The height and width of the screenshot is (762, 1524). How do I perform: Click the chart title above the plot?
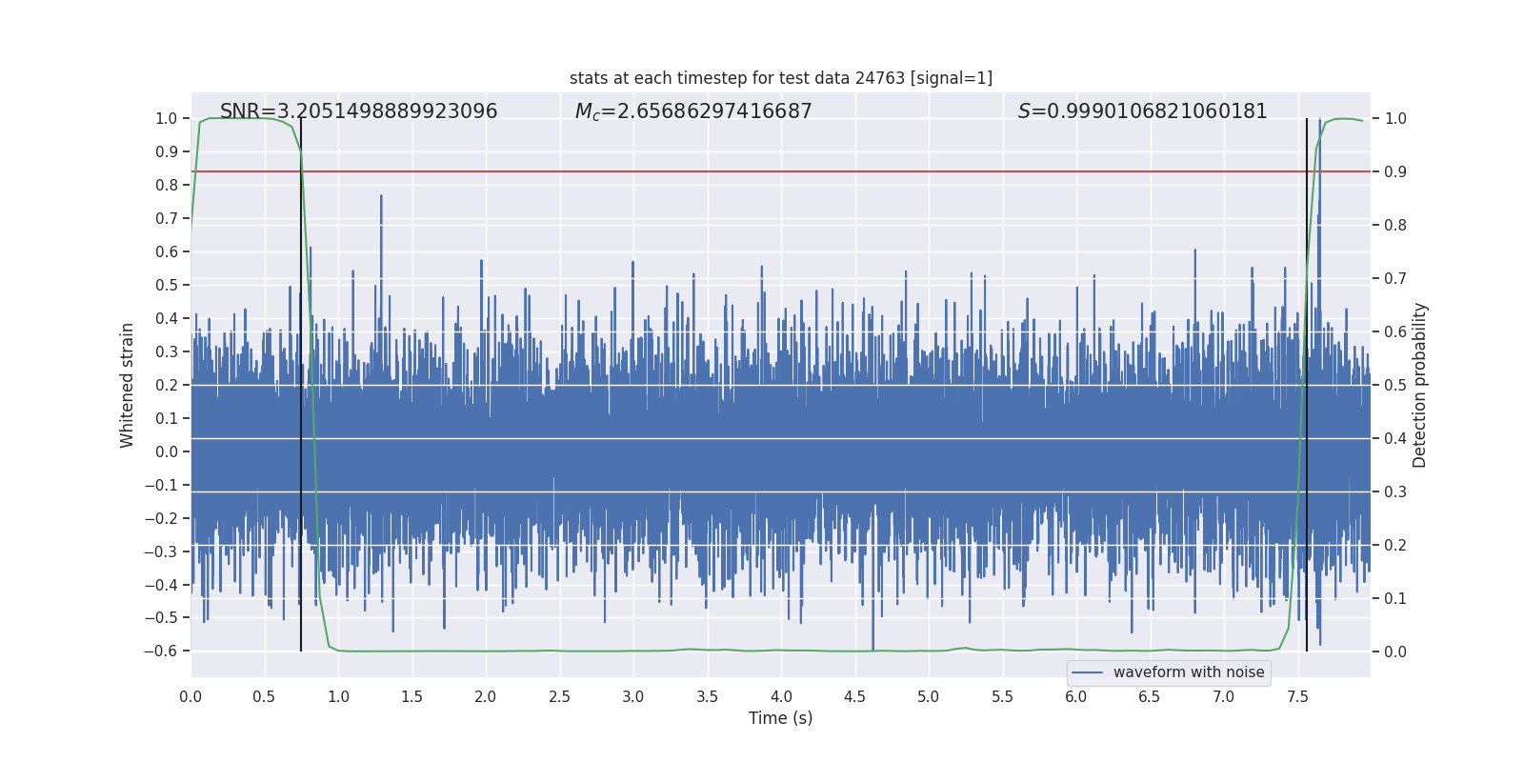coord(780,78)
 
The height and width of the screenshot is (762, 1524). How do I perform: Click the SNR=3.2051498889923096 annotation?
coord(358,111)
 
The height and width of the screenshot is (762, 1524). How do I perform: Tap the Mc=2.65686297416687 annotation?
coord(693,111)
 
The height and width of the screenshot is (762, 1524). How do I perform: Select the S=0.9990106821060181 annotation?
coord(1142,111)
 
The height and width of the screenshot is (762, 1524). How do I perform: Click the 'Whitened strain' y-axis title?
coord(128,385)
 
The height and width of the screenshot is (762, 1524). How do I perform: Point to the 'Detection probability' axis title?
coord(1420,385)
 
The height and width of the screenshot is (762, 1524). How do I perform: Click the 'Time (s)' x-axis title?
coord(780,718)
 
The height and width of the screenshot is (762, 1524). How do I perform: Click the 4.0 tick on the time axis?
coord(781,696)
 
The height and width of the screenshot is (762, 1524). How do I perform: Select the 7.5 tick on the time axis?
coord(1297,696)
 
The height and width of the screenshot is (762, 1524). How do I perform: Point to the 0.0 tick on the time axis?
coord(190,696)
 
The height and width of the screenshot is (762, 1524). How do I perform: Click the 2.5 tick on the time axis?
coord(560,696)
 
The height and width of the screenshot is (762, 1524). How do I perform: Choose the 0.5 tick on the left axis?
coord(167,285)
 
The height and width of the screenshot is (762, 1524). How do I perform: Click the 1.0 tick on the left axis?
coord(167,118)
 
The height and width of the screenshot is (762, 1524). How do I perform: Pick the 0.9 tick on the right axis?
coord(1395,171)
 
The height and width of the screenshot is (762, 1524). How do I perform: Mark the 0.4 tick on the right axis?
coord(1395,438)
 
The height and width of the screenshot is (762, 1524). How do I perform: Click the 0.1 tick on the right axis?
coord(1395,598)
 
